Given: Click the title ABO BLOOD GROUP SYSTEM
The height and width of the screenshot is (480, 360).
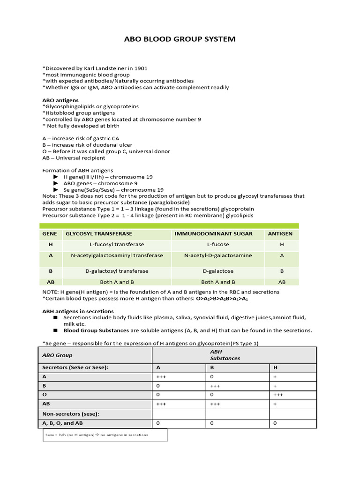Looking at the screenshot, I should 180,39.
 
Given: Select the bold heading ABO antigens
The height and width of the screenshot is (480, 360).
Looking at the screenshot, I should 60,100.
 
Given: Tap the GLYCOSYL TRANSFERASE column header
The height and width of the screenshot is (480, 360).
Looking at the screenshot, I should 98,233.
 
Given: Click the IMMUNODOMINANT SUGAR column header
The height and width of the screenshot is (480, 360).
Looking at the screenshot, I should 213,233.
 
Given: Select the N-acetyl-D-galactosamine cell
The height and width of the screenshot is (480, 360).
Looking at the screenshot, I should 218,255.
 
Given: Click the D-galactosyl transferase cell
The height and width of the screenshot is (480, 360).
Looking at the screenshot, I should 117,271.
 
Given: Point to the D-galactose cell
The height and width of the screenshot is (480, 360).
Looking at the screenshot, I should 218,271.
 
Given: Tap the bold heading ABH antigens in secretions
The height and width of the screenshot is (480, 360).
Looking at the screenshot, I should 78,311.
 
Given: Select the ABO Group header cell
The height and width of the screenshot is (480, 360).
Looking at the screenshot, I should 58,355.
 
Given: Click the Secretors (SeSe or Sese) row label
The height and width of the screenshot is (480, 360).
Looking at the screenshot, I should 75,367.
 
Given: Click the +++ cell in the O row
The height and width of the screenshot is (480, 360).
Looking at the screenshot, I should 278,395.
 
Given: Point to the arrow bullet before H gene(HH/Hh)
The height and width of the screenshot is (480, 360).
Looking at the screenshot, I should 56,177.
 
